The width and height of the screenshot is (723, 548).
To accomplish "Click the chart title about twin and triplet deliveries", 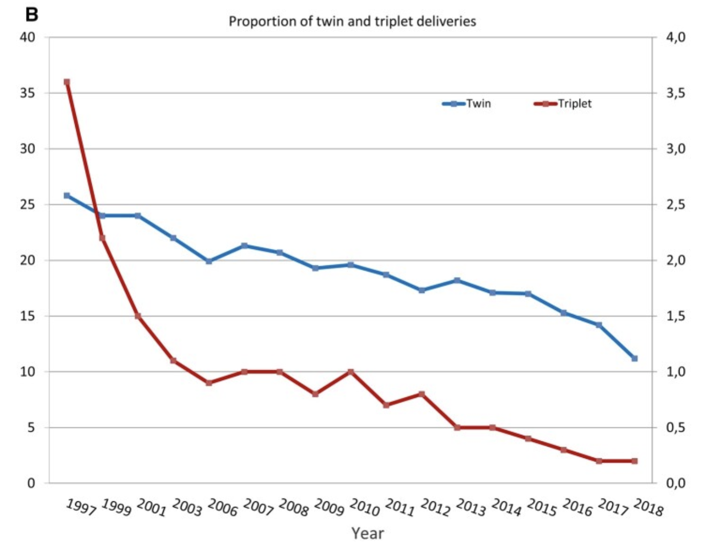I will click(x=352, y=22).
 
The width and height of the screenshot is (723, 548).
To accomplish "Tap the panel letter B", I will click(x=32, y=14).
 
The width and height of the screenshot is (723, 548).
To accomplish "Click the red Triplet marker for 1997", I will click(x=67, y=82).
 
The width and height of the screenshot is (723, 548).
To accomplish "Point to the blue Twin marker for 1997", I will click(x=67, y=196).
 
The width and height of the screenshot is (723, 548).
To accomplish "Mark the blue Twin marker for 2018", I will click(x=634, y=359).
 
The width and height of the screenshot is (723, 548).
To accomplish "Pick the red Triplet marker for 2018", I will click(x=634, y=461).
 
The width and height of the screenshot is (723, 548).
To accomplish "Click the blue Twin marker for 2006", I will click(x=209, y=261).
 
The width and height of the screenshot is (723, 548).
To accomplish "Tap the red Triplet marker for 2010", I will click(x=351, y=372).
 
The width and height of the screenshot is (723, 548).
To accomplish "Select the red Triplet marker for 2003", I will click(x=173, y=361).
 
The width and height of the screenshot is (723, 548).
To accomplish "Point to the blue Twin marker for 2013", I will click(x=457, y=280).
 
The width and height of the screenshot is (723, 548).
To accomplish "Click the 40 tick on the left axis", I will click(x=28, y=37).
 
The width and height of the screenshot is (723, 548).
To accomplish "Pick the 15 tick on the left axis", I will click(x=28, y=316).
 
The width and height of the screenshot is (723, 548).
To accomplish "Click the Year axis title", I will click(x=367, y=533).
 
